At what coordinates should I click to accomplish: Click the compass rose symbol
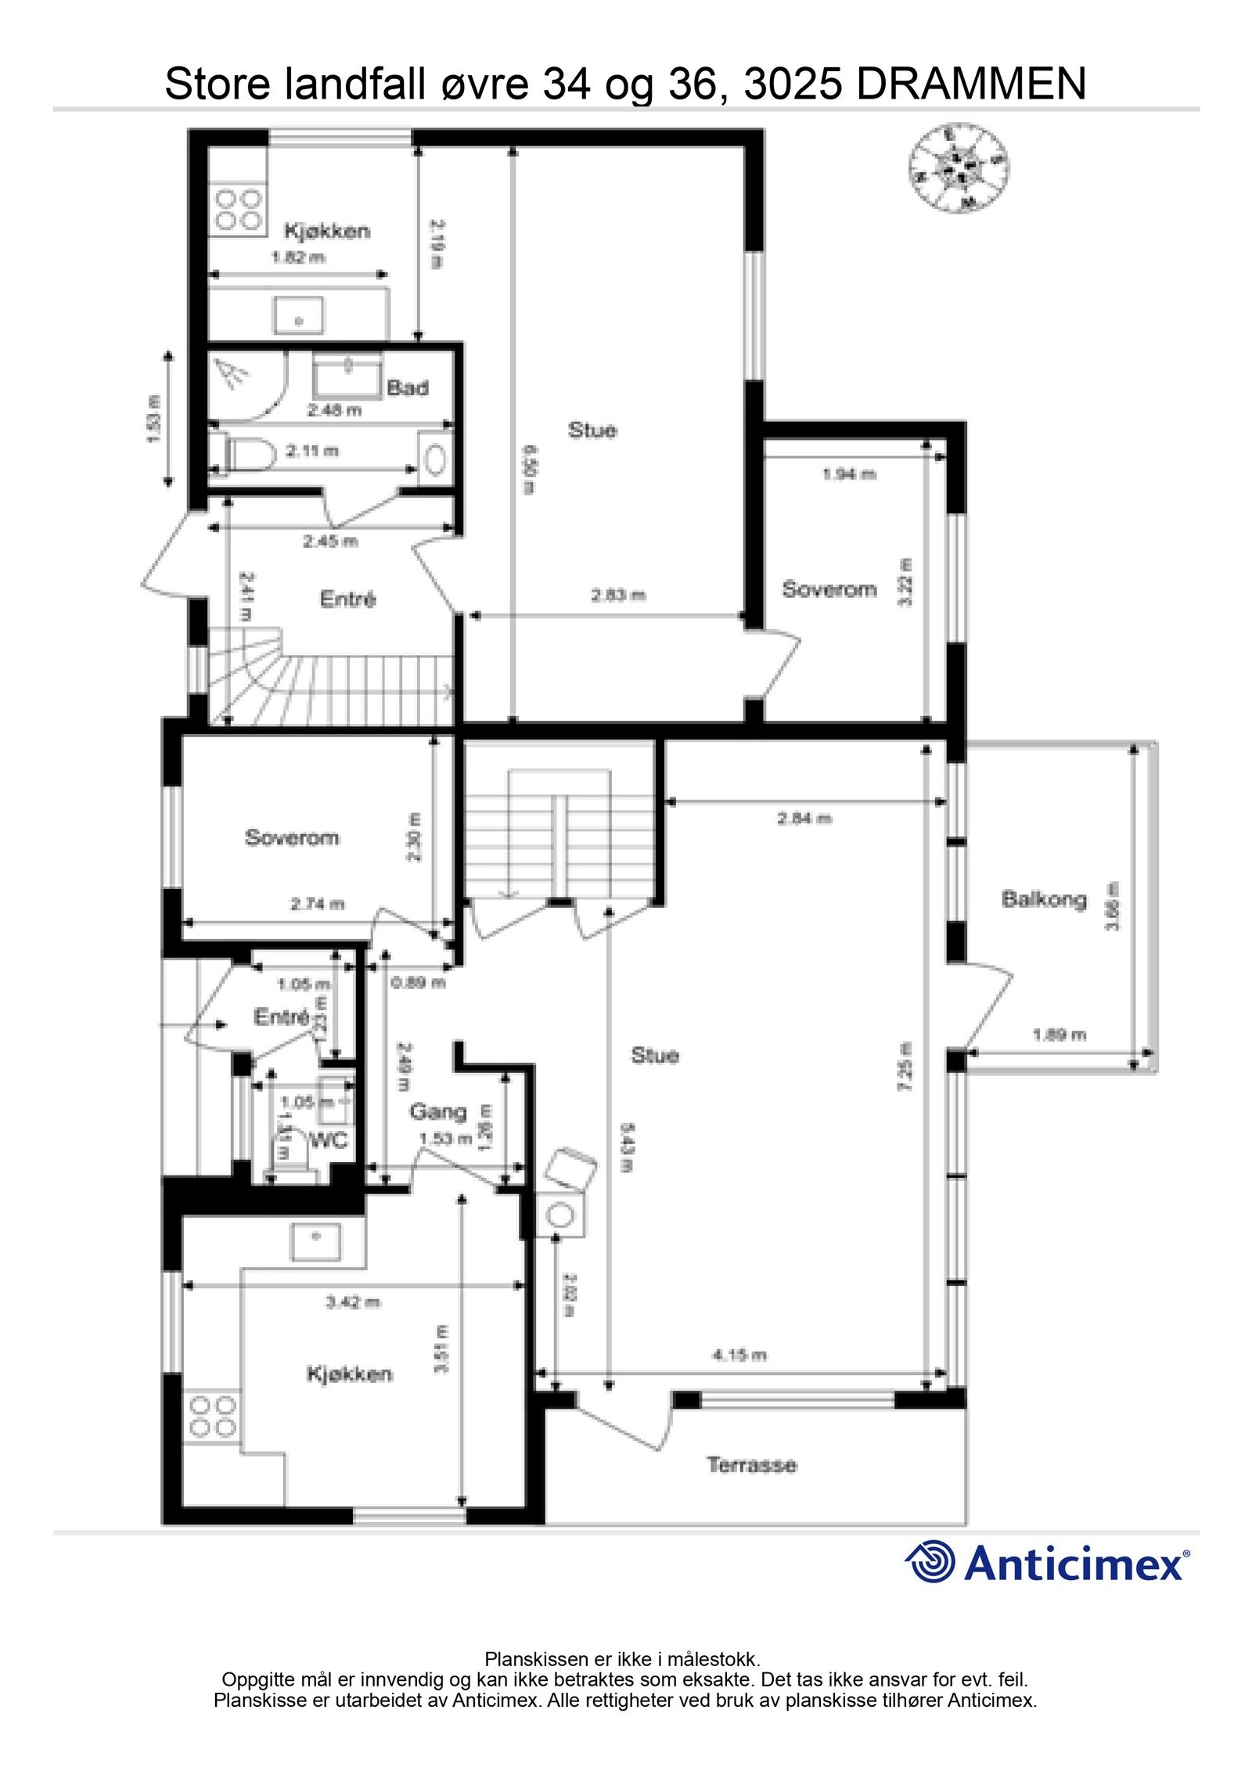tap(958, 167)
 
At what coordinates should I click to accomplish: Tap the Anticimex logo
tap(1047, 1564)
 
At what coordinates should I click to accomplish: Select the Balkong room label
tap(1044, 898)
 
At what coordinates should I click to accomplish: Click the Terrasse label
tap(751, 1465)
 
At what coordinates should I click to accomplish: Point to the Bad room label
tap(407, 387)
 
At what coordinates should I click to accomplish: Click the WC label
tap(328, 1141)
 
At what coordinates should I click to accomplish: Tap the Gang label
tap(437, 1111)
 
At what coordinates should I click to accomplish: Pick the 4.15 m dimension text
tap(739, 1355)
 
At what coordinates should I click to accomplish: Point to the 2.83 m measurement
tap(618, 596)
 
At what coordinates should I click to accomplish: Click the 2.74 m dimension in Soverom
tap(317, 904)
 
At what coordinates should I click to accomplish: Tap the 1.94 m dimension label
tap(848, 473)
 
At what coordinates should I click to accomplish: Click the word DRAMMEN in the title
tap(971, 84)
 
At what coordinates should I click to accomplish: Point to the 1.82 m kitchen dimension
tap(297, 257)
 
